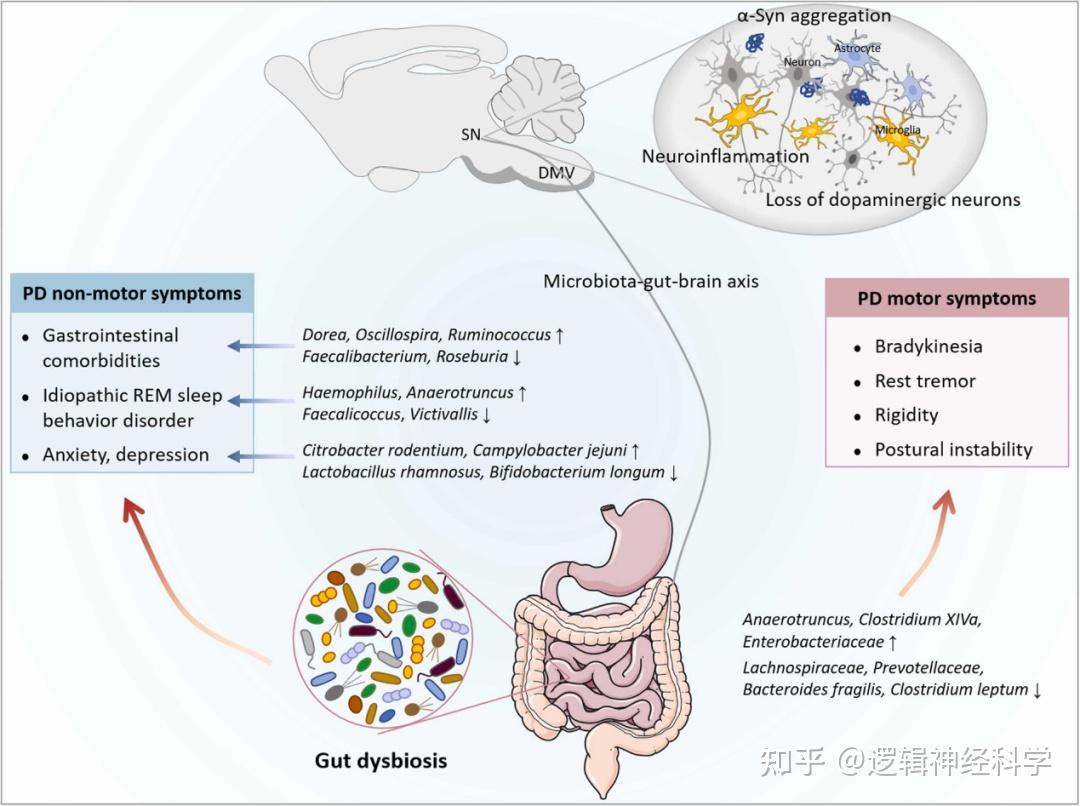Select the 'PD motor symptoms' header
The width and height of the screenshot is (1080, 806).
947,299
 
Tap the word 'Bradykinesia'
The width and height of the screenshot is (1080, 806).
928,347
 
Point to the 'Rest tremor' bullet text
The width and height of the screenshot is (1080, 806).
925,381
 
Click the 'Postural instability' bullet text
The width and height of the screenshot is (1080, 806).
953,450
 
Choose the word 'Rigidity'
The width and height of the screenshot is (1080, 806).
906,415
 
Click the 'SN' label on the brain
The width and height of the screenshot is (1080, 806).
470,133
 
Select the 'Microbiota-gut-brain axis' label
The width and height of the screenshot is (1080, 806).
650,281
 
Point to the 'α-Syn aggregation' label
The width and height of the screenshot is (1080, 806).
812,15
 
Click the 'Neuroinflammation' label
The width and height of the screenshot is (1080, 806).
725,156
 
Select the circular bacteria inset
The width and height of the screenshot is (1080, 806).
383,640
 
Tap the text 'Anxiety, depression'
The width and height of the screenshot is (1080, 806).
126,455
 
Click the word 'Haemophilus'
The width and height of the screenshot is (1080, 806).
345,393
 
